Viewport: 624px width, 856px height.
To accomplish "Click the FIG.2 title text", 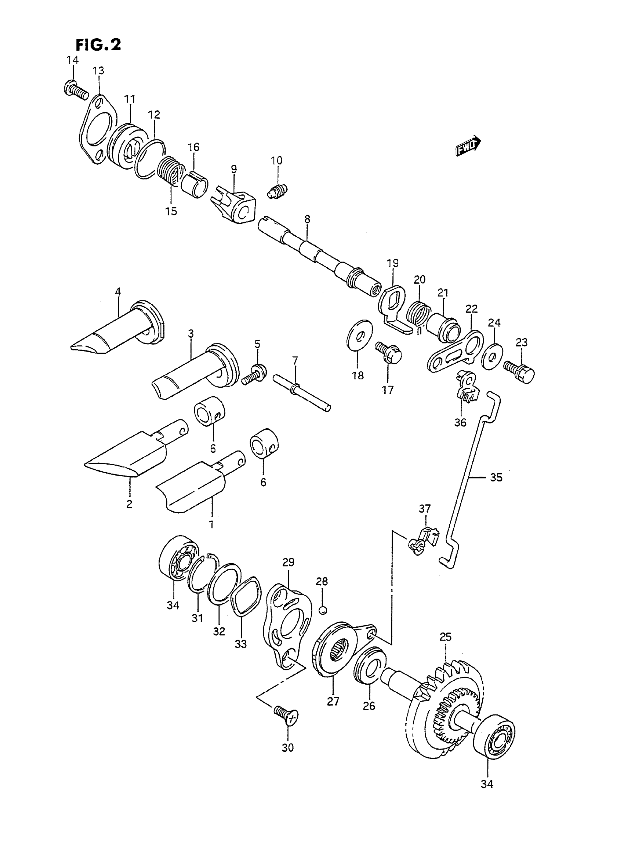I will click(98, 44).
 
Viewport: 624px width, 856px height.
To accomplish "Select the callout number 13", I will click(98, 70).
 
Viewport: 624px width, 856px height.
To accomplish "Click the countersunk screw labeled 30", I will click(287, 715).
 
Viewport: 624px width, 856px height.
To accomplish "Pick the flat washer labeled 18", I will click(359, 334).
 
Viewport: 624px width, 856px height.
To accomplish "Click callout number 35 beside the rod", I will click(496, 477).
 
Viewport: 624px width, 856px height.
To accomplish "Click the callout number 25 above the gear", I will click(445, 637).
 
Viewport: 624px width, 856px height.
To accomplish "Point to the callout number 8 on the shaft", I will click(307, 219).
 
